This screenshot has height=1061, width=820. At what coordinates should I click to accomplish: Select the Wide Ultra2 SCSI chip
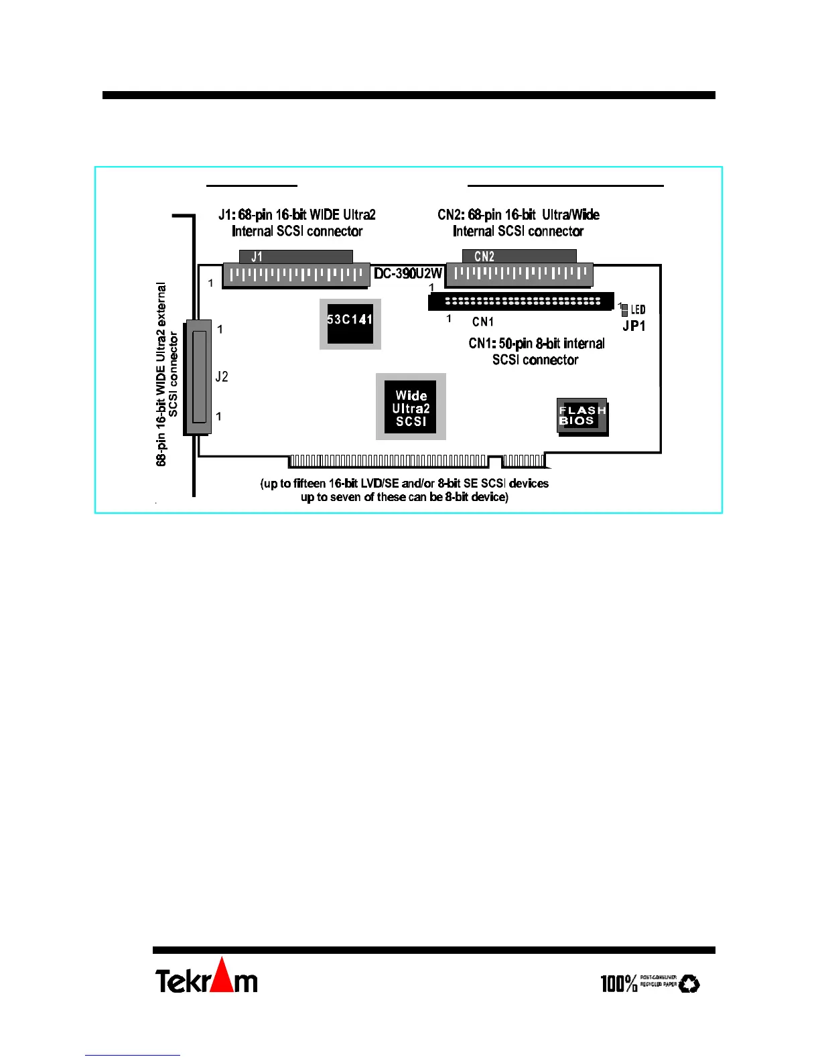click(411, 407)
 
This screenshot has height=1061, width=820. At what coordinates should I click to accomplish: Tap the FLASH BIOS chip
click(582, 416)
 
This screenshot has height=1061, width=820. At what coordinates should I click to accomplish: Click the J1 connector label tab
click(295, 257)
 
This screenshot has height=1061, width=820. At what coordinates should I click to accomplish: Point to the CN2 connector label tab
click(519, 256)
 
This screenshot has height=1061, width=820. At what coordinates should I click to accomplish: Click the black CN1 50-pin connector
click(521, 301)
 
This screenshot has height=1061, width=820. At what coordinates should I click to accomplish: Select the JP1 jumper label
click(634, 326)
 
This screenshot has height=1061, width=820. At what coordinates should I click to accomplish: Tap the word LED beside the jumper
click(638, 309)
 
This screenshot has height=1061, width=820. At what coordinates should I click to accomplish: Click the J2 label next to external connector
click(222, 376)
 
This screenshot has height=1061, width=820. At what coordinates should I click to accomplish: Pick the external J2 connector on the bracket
click(198, 377)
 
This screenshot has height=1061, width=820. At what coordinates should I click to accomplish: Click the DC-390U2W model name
click(408, 273)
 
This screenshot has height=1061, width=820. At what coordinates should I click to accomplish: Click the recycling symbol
click(689, 983)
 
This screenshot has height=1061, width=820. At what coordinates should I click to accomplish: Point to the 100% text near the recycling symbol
click(618, 983)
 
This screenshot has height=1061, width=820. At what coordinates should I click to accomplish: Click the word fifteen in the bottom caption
click(310, 484)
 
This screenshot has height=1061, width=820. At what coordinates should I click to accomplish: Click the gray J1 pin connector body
click(295, 275)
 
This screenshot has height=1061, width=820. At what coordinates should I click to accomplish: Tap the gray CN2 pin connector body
click(519, 275)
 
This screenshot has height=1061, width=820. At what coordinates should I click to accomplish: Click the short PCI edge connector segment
click(523, 461)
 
